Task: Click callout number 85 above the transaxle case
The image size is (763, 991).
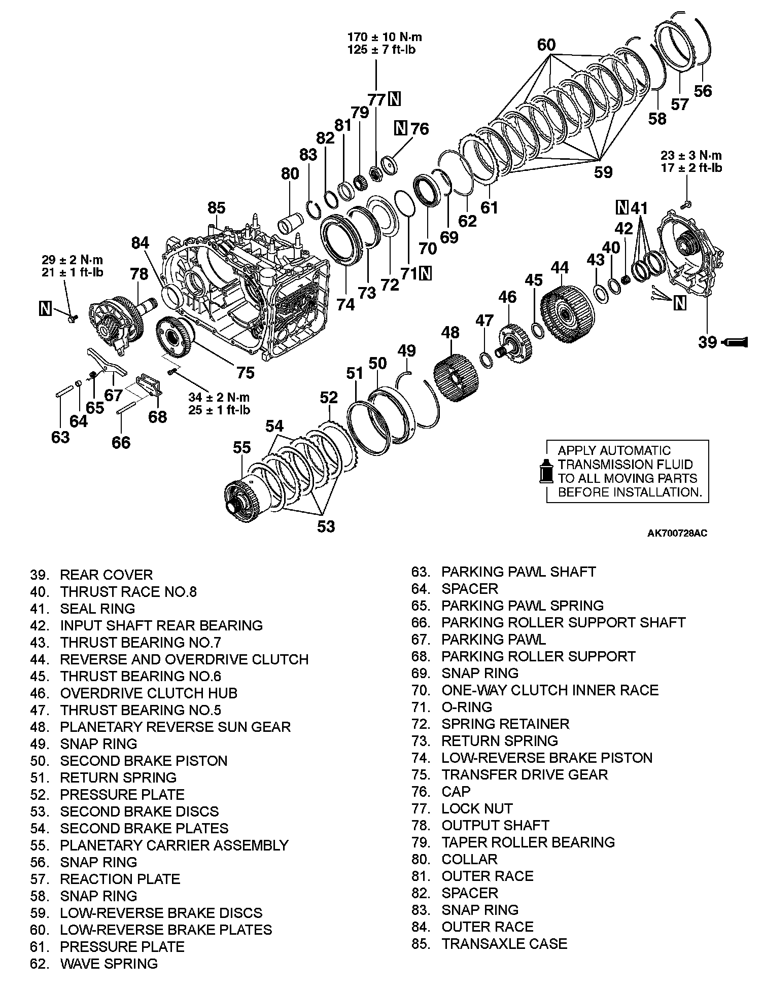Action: click(216, 208)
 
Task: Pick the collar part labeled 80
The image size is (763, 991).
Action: click(291, 223)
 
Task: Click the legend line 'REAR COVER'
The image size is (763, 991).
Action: click(106, 575)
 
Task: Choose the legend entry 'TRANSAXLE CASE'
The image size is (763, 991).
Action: click(504, 943)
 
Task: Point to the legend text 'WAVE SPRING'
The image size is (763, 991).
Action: click(109, 963)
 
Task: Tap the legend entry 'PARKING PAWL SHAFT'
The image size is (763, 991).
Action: click(518, 572)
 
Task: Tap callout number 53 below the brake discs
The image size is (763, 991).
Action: click(326, 526)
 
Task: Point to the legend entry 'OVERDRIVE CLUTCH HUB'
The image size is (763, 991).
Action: click(149, 693)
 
